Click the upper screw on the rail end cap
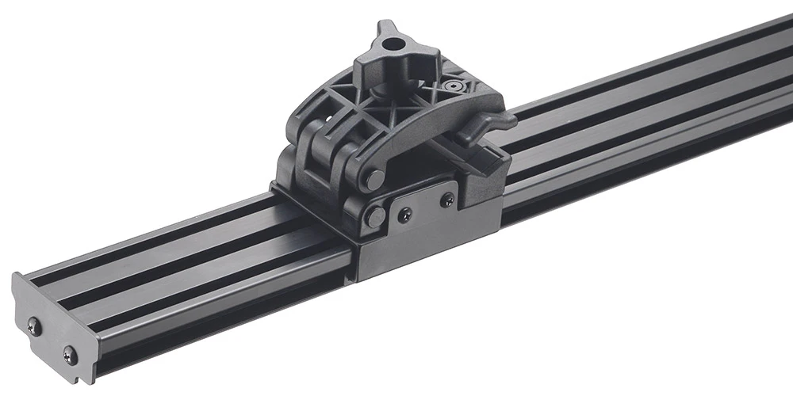(x=35, y=323)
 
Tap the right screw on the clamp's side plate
(x=448, y=199)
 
